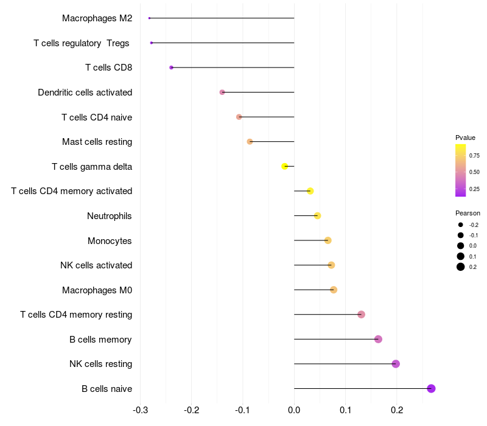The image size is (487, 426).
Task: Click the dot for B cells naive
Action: point(431,388)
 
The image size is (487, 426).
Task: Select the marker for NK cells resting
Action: point(396,364)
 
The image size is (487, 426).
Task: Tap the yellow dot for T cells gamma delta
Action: point(285,166)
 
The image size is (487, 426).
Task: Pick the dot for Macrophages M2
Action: point(149,18)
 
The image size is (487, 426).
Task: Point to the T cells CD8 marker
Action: point(171,68)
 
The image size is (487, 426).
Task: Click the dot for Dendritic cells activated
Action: point(222,92)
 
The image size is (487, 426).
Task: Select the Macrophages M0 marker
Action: point(334,290)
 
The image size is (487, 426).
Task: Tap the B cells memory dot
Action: point(378,339)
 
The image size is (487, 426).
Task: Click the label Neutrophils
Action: point(110,215)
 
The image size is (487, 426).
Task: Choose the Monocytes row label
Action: point(110,240)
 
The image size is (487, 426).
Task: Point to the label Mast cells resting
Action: point(97,142)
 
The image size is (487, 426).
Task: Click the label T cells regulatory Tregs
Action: point(82,43)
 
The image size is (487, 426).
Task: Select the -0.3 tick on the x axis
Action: point(140,410)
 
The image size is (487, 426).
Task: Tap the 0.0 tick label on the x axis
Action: point(294,410)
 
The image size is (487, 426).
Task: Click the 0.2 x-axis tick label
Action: point(397,410)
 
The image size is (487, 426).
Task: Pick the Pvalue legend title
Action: point(465,138)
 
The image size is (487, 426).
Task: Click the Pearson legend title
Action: point(468,213)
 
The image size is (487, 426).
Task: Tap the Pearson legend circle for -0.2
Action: point(461,225)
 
